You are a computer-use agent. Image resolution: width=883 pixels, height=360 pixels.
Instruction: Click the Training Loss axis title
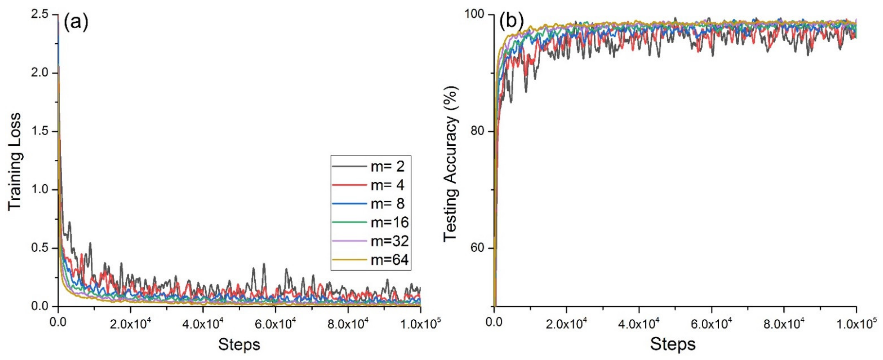14,161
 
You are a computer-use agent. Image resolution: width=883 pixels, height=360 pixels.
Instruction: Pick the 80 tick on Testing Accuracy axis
479,132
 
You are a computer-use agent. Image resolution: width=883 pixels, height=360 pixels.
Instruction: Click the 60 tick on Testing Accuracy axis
479,248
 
